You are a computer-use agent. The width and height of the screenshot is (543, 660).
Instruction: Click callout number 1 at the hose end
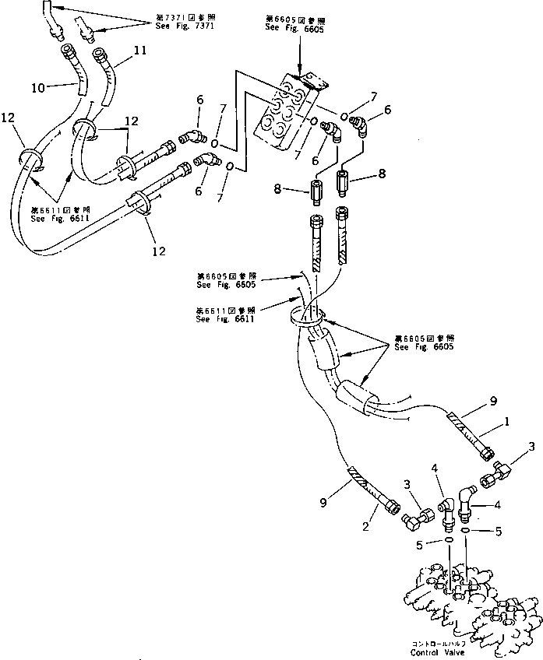508,423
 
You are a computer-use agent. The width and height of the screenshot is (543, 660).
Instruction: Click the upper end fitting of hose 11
100,55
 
